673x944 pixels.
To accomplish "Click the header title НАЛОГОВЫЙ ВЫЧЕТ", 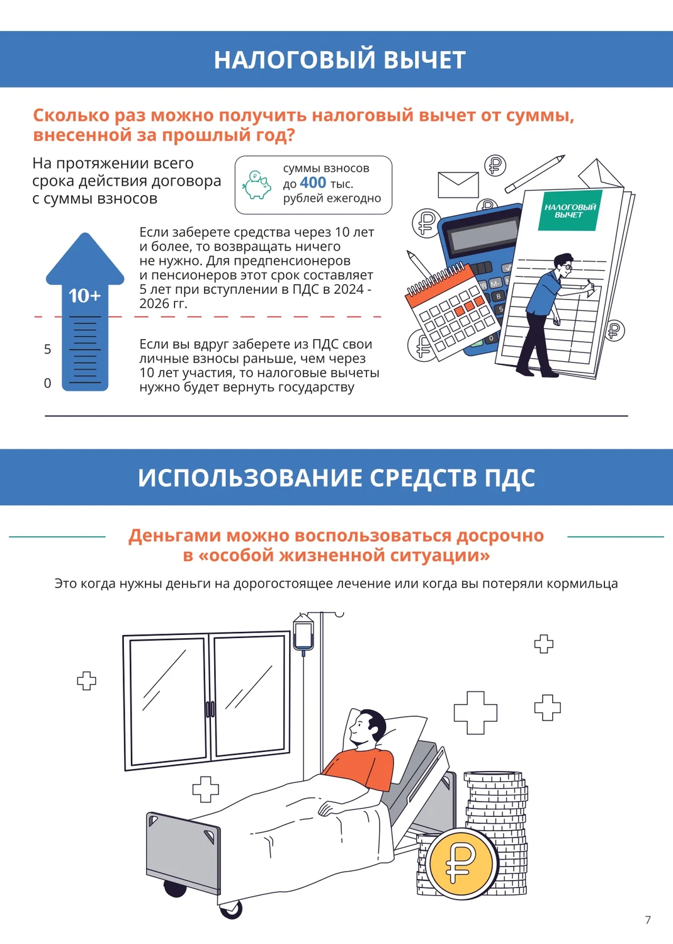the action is (x=339, y=59).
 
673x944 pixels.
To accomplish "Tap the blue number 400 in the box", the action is (x=313, y=183).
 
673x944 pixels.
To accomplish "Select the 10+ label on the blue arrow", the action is (x=85, y=295).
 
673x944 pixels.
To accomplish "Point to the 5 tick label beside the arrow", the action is (x=48, y=349).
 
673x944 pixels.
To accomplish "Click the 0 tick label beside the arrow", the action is (x=48, y=383).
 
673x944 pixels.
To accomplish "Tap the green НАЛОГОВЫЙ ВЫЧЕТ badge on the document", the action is (x=570, y=211).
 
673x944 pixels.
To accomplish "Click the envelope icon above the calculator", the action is (x=458, y=184).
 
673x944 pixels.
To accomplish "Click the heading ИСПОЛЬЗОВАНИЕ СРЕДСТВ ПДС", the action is (x=336, y=478).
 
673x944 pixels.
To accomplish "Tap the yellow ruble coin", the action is (x=461, y=863).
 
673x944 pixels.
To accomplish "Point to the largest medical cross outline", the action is (x=475, y=712).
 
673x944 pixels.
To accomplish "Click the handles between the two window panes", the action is (x=210, y=709).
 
